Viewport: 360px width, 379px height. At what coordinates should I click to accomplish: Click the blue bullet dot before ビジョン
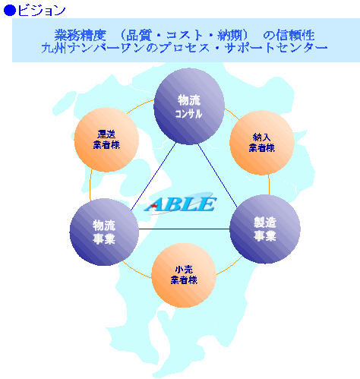tap(10, 11)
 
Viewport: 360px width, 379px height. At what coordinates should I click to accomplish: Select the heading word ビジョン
tap(42, 11)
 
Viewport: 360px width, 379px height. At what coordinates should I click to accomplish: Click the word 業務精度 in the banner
tap(80, 35)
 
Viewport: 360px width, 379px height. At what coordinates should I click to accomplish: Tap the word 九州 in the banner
tap(54, 48)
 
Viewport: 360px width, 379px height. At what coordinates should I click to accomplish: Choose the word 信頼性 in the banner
tap(295, 35)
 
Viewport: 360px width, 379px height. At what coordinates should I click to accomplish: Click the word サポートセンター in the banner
tap(276, 48)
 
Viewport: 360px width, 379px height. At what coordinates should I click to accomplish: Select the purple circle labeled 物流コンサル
tap(189, 106)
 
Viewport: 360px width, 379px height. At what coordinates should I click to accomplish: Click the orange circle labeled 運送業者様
tap(106, 140)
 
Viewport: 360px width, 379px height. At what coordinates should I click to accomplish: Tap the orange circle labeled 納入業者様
tap(262, 143)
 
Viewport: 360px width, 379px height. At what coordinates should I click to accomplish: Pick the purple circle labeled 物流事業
tap(104, 232)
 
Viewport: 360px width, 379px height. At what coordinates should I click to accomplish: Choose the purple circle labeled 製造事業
tap(265, 229)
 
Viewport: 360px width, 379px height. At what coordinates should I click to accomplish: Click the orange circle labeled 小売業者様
tap(184, 275)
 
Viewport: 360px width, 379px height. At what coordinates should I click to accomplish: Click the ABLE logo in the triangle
tap(181, 204)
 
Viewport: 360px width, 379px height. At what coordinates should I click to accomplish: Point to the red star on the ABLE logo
tap(153, 206)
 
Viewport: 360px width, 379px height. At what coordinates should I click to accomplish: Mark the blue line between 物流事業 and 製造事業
tap(185, 229)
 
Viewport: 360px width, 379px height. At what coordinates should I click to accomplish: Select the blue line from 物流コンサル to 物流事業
tap(153, 176)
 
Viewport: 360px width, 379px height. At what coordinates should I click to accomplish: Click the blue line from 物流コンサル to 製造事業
tap(217, 176)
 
